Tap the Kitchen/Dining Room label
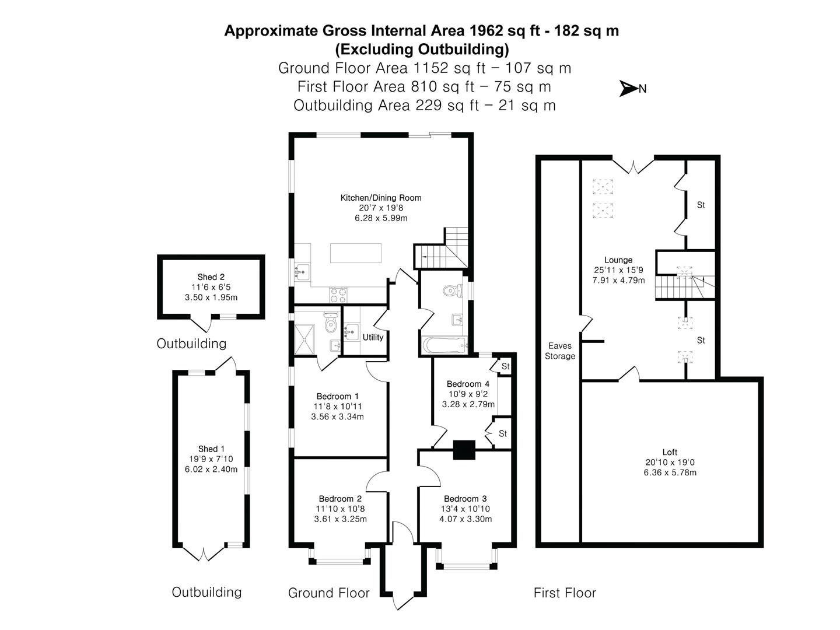point(380,198)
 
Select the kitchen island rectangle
point(355,253)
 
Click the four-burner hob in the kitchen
point(338,295)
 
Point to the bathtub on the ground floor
point(444,345)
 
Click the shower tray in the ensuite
point(304,339)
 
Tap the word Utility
point(373,337)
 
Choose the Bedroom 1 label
point(337,396)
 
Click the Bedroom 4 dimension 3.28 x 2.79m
point(468,404)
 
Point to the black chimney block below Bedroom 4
point(464,449)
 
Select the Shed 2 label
point(211,277)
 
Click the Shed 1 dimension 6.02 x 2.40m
point(211,470)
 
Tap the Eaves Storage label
point(560,351)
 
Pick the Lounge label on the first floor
point(618,260)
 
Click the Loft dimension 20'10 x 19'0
point(670,462)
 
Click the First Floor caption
point(565,593)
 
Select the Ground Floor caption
point(329,593)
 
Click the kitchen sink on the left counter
point(302,272)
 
